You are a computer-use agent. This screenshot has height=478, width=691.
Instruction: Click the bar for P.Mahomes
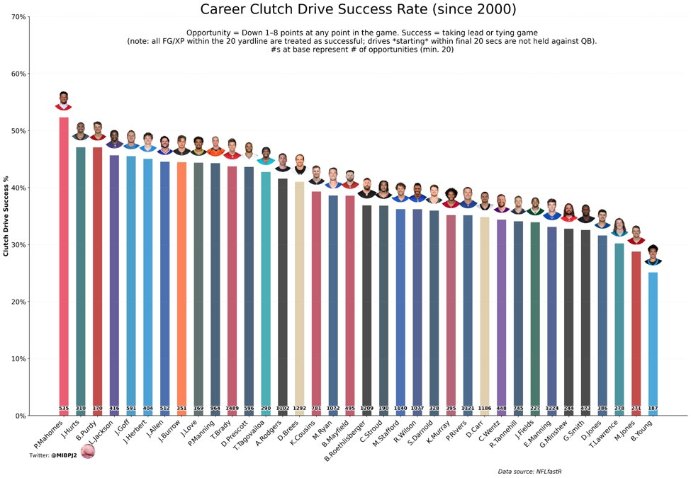64,262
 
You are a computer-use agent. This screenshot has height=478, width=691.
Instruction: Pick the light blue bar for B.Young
653,340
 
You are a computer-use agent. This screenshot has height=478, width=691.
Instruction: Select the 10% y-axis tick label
18,359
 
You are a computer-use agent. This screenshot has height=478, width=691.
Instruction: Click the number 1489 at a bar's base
232,409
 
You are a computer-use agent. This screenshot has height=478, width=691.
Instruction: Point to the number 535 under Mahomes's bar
64,409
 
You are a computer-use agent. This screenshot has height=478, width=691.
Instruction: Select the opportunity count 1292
300,409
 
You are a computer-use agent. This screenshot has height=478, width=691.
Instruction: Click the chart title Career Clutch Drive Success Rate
358,9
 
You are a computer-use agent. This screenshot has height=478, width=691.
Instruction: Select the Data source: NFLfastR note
535,471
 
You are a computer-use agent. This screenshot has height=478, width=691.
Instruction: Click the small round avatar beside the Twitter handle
88,451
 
